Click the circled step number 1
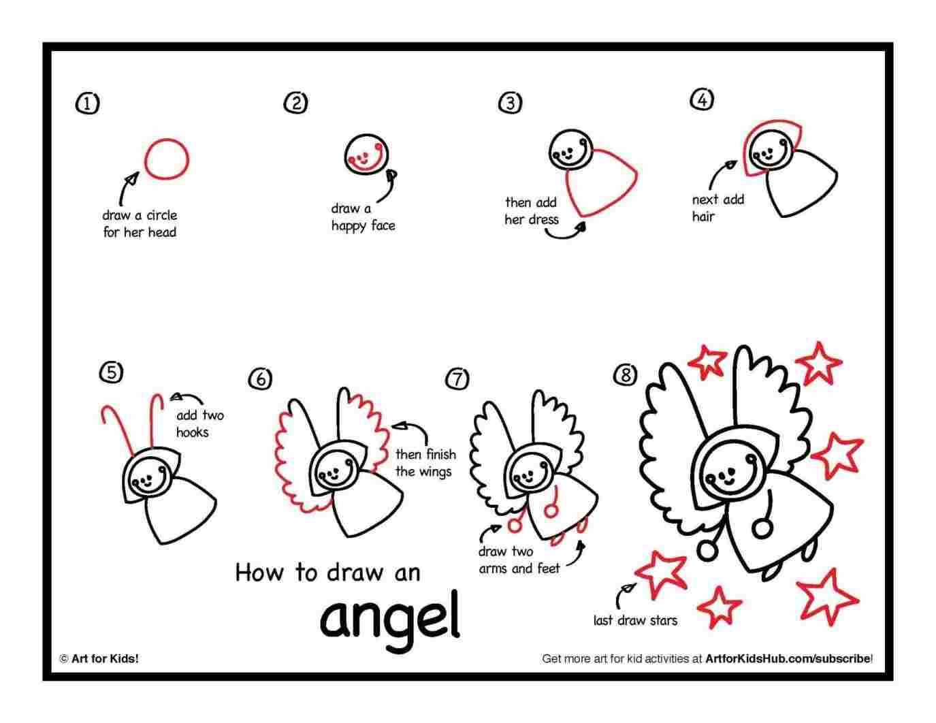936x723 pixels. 86,103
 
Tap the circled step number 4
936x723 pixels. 702,99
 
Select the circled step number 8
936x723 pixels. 625,374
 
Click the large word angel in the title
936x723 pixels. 389,617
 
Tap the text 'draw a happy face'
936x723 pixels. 362,217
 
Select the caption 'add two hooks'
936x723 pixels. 199,423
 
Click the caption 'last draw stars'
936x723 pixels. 634,620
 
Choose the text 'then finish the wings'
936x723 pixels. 425,463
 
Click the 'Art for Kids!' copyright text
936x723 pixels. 99,658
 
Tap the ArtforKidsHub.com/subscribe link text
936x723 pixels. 788,658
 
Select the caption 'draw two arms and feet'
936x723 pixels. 519,560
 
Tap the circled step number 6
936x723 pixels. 260,379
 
